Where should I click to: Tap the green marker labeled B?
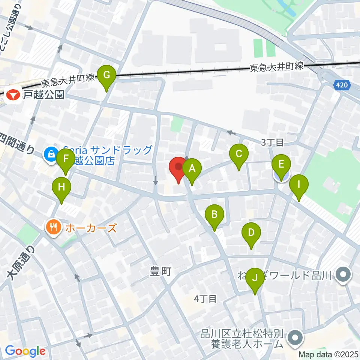tap(214, 215)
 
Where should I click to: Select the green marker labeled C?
tap(239, 154)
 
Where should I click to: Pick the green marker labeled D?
tap(251, 233)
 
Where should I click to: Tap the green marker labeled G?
tap(106, 76)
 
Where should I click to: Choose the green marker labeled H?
tap(61, 187)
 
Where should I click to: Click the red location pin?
tap(178, 168)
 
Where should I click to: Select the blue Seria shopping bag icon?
tap(50, 154)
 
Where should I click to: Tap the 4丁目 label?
tap(205, 299)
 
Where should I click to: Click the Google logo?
tap(25, 351)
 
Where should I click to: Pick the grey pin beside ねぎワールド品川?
tap(343, 276)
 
